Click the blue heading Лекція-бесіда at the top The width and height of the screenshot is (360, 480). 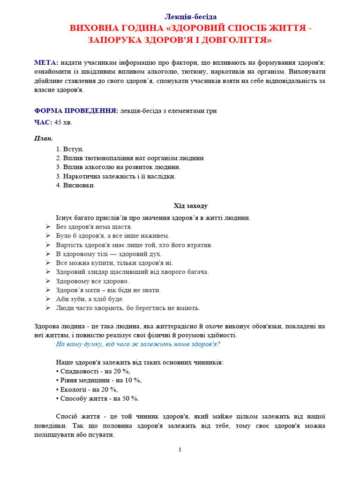point(190,17)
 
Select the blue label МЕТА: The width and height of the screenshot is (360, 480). point(46,63)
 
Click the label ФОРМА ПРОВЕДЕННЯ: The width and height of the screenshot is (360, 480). point(76,111)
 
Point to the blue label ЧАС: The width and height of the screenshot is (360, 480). point(43,122)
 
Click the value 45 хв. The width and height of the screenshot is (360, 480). point(63,122)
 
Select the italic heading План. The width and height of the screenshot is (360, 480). point(44,138)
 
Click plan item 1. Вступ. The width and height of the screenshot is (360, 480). point(70,149)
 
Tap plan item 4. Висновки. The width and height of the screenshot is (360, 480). point(75,185)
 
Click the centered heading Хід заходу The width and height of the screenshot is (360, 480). point(190,206)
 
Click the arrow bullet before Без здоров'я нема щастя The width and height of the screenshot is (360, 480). point(48,227)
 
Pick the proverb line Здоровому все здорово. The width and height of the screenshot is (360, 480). point(92,281)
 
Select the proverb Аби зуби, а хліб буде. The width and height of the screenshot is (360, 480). point(90,299)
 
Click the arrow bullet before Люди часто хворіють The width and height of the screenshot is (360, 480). point(48,308)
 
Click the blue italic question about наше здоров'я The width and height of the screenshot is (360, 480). point(138,344)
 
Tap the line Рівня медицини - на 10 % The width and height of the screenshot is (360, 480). point(98,380)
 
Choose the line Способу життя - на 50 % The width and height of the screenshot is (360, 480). point(97,398)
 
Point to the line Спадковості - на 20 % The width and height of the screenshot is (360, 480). point(93,371)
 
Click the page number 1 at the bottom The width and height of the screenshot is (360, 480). point(180,450)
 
